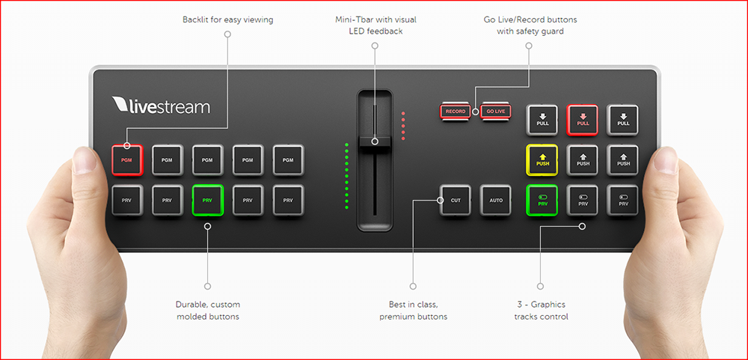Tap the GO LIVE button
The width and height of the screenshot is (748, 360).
[495, 112]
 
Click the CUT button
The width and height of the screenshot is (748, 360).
[456, 201]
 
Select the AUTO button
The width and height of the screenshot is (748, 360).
[495, 201]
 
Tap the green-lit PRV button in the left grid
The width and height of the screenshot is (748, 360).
[207, 201]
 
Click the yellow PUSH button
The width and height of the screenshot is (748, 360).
[542, 159]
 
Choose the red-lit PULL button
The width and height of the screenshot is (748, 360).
[583, 119]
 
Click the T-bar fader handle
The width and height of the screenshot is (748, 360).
[375, 141]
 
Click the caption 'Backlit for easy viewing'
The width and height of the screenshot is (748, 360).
[227, 19]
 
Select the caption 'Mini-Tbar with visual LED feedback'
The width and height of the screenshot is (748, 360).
[375, 25]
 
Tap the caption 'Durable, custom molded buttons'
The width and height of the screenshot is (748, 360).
[207, 310]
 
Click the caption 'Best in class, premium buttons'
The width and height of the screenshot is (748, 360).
[413, 310]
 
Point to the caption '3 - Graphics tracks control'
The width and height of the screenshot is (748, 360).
[541, 310]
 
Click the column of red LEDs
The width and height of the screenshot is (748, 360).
[403, 126]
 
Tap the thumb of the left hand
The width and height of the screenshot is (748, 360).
[87, 161]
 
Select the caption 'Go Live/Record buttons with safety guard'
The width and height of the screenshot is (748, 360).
[530, 25]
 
